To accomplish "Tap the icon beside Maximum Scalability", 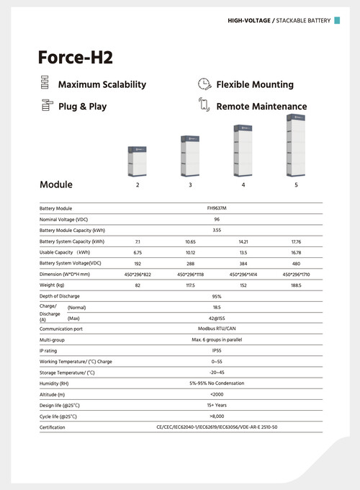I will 45,84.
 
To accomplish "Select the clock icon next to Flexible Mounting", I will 204,84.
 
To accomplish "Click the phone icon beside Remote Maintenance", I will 204,105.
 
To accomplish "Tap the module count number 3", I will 190,185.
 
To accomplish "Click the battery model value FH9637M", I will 217,208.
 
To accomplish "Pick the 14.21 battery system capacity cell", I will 243,241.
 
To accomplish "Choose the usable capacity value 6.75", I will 137,253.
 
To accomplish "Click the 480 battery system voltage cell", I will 296,264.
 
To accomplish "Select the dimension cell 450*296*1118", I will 190,275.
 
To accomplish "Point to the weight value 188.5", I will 296,285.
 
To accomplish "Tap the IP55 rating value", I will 217,350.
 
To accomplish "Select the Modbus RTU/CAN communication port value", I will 217,328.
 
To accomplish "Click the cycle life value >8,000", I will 217,416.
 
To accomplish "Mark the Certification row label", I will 52,427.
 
